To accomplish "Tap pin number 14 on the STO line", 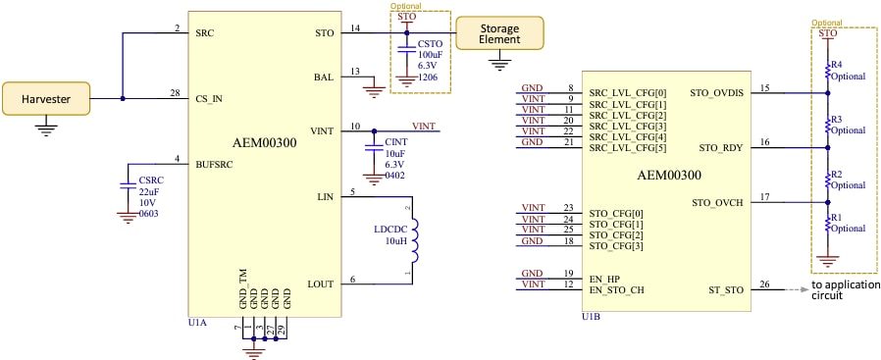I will pos(354,26).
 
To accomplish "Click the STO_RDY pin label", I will pos(722,148).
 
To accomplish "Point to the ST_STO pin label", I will pos(725,289).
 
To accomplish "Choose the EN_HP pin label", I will pos(604,280).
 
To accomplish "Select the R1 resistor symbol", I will pos(827,224).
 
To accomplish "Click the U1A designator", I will pos(196,321).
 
